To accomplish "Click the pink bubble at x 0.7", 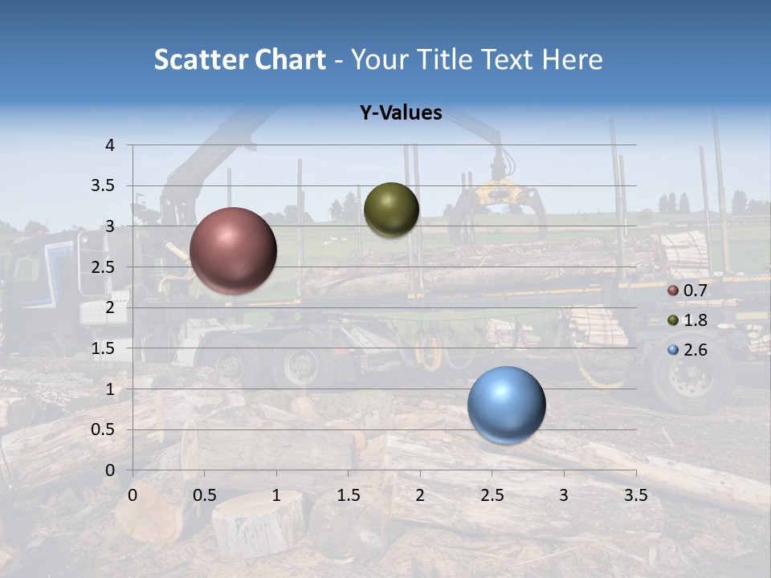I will [x=233, y=250].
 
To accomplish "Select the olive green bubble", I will [x=391, y=210].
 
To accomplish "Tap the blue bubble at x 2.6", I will [x=506, y=405].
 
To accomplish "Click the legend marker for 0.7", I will [x=673, y=291].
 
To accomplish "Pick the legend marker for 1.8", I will [x=673, y=320].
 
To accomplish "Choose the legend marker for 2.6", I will [x=673, y=350].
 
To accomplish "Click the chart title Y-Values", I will [x=401, y=113].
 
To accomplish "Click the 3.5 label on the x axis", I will [x=635, y=495].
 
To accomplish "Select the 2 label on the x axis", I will [x=420, y=495].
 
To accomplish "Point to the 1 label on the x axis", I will [x=276, y=495].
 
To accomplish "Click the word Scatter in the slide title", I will [x=200, y=59].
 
